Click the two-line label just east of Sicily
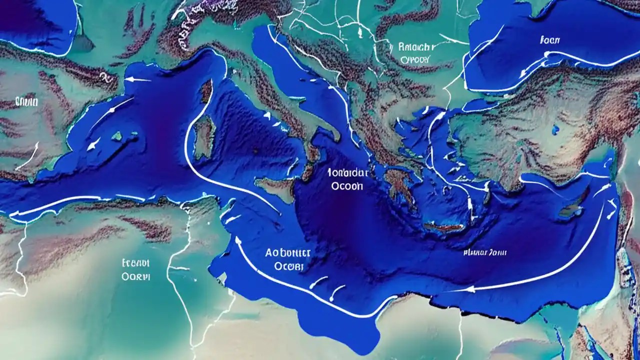pyautogui.click(x=347, y=179)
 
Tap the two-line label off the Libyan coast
pyautogui.click(x=288, y=259)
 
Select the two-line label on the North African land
pyautogui.click(x=136, y=269)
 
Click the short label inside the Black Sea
pyautogui.click(x=550, y=39)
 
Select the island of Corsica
pyautogui.click(x=206, y=91)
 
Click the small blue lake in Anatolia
pyautogui.click(x=556, y=130)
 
